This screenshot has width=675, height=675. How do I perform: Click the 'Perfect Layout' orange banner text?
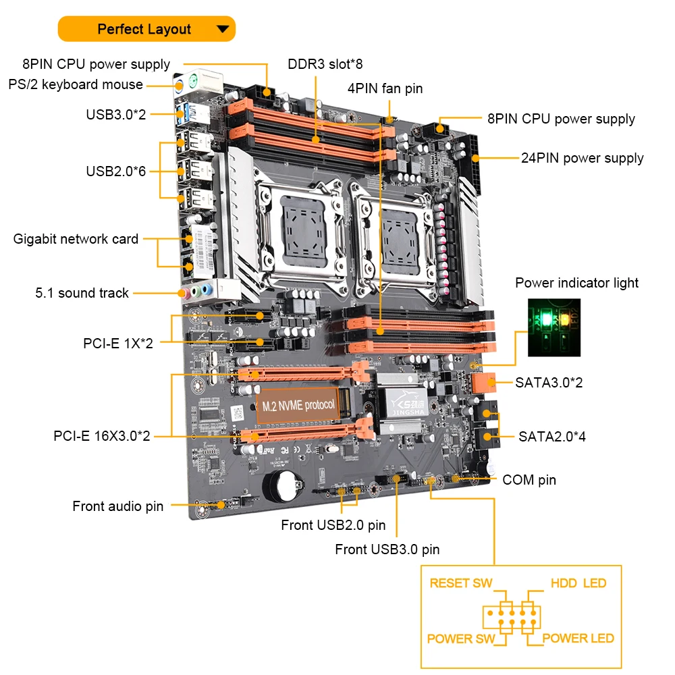[144, 29]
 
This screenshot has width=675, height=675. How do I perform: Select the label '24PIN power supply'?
[582, 158]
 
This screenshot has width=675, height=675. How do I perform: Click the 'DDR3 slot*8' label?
[325, 64]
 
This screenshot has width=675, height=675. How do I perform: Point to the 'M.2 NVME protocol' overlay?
[298, 404]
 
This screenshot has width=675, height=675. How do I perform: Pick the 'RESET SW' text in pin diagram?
[461, 583]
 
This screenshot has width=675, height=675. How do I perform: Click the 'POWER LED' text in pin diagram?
[578, 638]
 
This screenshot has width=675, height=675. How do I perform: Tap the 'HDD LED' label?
[578, 583]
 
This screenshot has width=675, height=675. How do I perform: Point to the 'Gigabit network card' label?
[76, 239]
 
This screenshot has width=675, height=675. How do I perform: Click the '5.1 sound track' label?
[82, 293]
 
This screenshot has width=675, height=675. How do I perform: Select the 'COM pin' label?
[529, 480]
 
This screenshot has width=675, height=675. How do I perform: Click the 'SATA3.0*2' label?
[549, 383]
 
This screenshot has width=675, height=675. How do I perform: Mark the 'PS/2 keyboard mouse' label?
[76, 84]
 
